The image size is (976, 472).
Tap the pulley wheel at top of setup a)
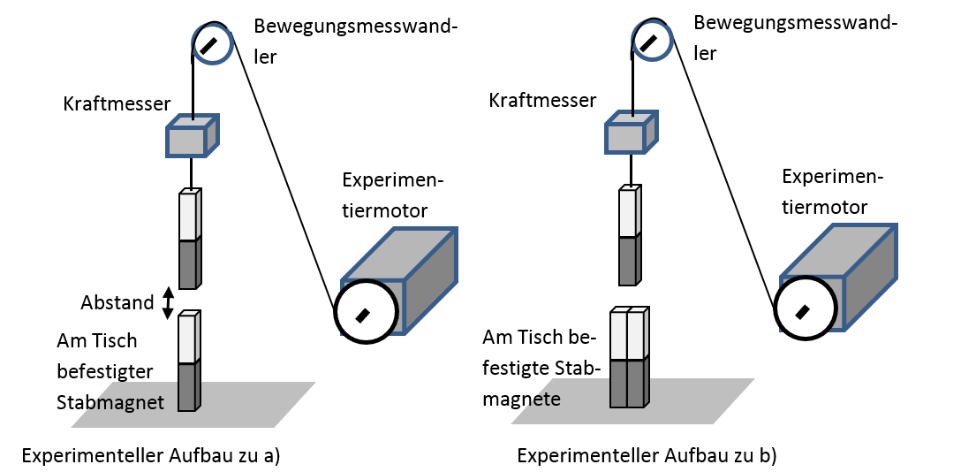212,43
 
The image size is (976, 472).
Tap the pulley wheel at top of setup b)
652,40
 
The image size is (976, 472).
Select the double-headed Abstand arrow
169,302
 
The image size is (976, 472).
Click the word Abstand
117,303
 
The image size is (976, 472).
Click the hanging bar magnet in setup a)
189,239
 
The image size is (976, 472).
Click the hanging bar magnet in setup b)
629,236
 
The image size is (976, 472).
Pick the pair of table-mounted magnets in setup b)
629,357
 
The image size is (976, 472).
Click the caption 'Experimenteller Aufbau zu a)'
151,456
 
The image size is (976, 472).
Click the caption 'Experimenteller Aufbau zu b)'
646,456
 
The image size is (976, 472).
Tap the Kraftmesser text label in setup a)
117,103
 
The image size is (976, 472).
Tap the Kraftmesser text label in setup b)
542,101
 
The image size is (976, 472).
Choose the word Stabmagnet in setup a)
110,402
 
